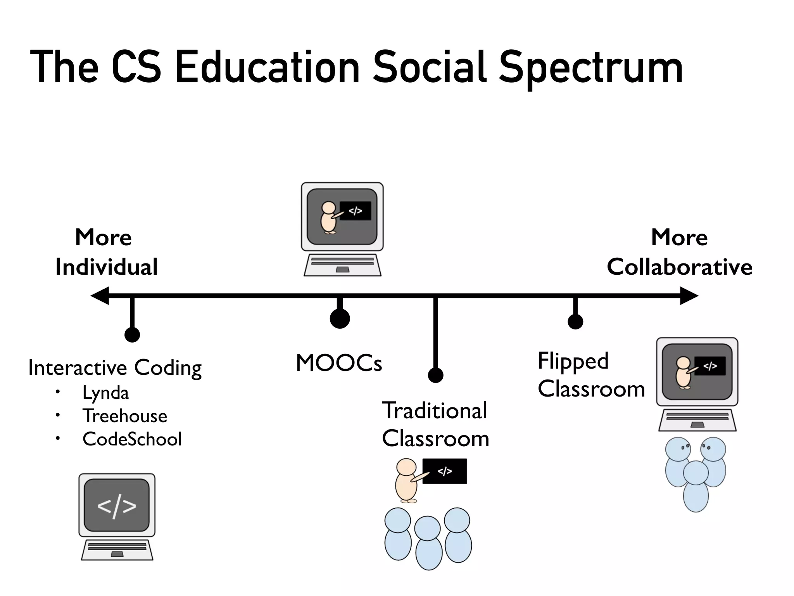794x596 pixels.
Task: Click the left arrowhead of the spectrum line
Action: pyautogui.click(x=99, y=296)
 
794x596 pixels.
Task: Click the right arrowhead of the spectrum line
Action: pyautogui.click(x=689, y=296)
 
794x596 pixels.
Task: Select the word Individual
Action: pyautogui.click(x=107, y=267)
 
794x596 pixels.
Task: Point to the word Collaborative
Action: pyautogui.click(x=680, y=267)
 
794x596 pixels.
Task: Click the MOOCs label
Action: pyautogui.click(x=339, y=363)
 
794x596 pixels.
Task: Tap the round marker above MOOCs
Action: pyautogui.click(x=340, y=319)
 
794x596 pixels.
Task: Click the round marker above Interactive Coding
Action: pyautogui.click(x=132, y=334)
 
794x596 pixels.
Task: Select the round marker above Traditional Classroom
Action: pyautogui.click(x=435, y=375)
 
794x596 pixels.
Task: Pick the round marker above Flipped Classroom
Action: pyautogui.click(x=575, y=321)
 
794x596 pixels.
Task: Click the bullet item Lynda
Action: pyautogui.click(x=105, y=393)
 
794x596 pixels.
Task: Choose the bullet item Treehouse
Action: pyautogui.click(x=125, y=416)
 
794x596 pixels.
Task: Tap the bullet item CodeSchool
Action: pyautogui.click(x=132, y=439)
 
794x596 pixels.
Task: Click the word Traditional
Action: pyautogui.click(x=435, y=411)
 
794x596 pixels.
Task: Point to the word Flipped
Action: pyautogui.click(x=573, y=361)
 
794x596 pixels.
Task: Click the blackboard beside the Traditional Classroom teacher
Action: pyautogui.click(x=445, y=471)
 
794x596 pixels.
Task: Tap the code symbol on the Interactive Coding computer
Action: pyautogui.click(x=117, y=506)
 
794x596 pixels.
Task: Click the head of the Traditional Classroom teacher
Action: pyautogui.click(x=406, y=467)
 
